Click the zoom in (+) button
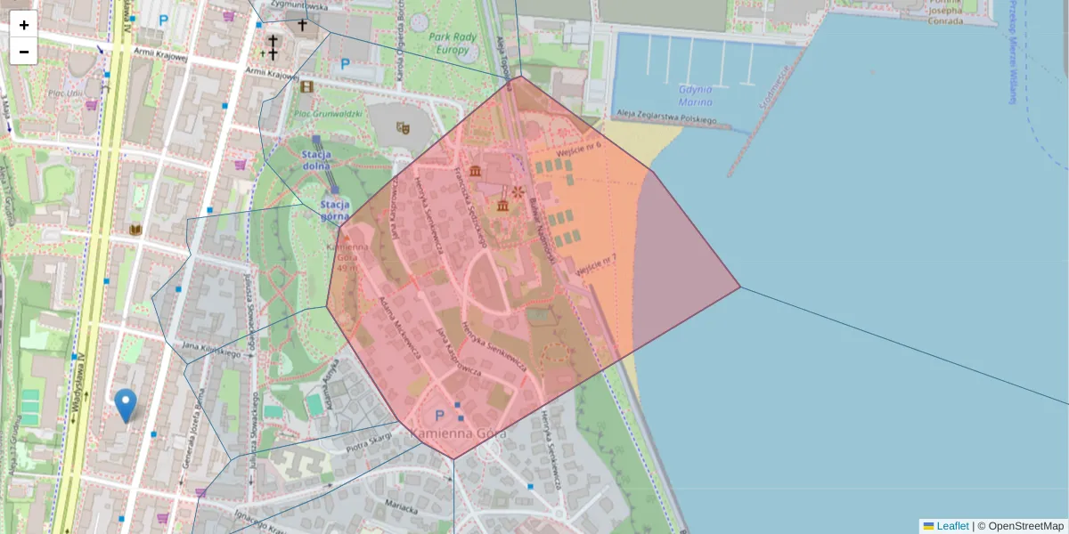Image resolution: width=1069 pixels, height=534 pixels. (x=24, y=25)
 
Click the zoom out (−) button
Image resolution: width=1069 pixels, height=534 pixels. (x=24, y=52)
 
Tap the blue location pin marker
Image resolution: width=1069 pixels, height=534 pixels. (x=126, y=405)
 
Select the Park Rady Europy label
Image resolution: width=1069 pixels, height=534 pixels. (x=453, y=44)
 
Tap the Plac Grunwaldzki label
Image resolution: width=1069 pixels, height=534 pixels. (x=327, y=114)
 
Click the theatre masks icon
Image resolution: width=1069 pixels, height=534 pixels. (x=403, y=127)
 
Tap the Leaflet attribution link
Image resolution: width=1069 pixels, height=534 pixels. (x=952, y=526)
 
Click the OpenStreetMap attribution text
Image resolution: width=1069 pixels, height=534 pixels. (x=1020, y=526)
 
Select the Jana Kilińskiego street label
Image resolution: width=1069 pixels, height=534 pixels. (x=213, y=349)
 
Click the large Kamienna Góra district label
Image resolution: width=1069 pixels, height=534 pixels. (x=458, y=433)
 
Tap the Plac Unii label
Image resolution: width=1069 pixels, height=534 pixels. (x=67, y=93)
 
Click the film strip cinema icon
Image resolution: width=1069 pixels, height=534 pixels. (x=307, y=86)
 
